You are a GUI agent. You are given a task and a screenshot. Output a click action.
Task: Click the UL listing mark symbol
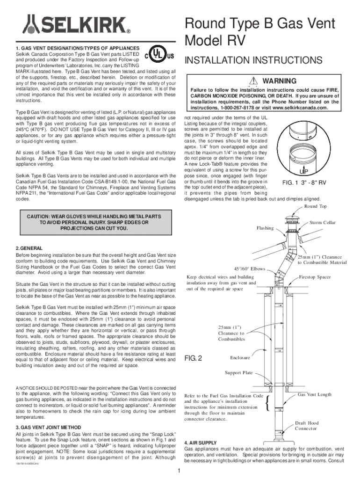click(x=160, y=57)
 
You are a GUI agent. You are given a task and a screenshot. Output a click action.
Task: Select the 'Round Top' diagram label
click(x=315, y=206)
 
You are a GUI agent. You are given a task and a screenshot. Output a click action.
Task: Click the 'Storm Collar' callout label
click(x=323, y=223)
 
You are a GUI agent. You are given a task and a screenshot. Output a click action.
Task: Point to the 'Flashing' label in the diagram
click(x=265, y=228)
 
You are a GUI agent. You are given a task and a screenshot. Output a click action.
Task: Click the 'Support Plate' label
click(x=238, y=372)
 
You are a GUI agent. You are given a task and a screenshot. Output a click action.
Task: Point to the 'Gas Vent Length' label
click(x=315, y=395)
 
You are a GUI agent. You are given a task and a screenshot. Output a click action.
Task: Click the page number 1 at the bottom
click(x=180, y=471)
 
